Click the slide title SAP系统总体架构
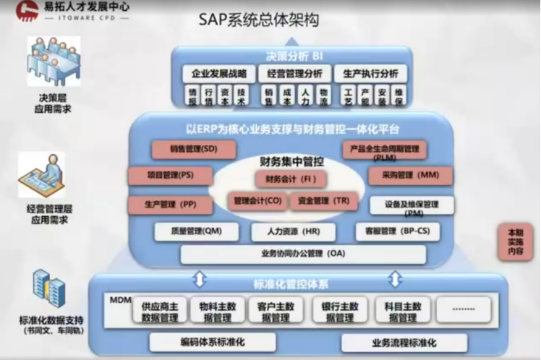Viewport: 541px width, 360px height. (268, 20)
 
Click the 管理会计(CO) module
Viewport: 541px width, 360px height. (257, 201)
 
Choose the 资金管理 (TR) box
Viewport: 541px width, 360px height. (323, 201)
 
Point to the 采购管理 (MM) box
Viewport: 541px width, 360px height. (410, 176)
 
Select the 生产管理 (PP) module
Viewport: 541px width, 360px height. (170, 205)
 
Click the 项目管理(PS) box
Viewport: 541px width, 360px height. (170, 176)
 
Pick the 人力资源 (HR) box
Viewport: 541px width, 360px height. (293, 231)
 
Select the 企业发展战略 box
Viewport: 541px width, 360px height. (218, 74)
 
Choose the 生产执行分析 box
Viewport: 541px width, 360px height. (370, 74)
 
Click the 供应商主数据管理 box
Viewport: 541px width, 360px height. (160, 311)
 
